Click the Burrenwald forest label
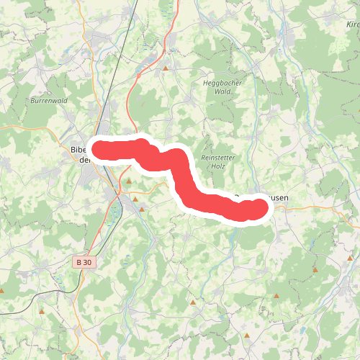(x=49, y=101)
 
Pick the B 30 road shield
(x=84, y=264)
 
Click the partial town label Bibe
(x=79, y=150)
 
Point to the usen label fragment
(x=278, y=199)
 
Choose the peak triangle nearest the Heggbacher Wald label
(x=166, y=69)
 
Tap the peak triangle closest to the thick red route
(x=135, y=199)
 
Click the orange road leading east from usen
(x=317, y=207)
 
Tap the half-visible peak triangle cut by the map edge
(x=1, y=291)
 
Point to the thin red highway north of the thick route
(x=128, y=101)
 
